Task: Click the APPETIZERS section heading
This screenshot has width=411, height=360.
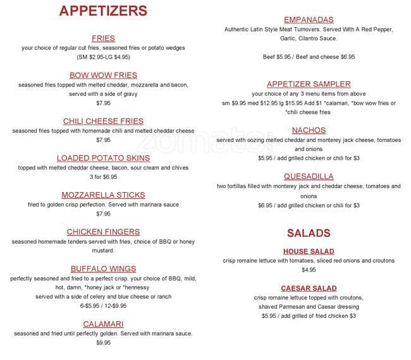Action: pos(103,11)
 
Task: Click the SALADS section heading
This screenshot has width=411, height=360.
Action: pos(309,232)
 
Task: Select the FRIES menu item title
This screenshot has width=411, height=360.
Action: pos(103,38)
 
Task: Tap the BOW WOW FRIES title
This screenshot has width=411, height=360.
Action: pos(103,75)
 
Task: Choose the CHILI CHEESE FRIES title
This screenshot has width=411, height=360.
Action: pos(103,121)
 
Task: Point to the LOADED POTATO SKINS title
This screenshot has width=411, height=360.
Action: pos(103,158)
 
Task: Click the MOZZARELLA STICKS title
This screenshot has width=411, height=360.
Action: pos(103,195)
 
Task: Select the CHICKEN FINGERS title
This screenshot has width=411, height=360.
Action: pos(103,232)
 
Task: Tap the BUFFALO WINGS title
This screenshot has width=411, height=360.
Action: pos(103,268)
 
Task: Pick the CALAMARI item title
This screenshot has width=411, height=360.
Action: pos(103,323)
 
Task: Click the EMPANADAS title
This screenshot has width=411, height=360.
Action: pos(309,20)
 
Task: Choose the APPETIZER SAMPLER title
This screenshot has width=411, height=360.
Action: pos(309,84)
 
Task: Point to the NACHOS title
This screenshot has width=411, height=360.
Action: pos(309,131)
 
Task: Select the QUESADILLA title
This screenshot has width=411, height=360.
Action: pos(309,176)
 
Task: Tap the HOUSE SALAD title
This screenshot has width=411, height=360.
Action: pos(309,251)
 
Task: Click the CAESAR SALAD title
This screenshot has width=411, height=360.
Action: pos(309,288)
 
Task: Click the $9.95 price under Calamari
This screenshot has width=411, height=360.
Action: pos(103,343)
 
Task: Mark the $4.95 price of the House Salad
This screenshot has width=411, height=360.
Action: pos(309,270)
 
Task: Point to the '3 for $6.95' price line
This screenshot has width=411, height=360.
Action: pos(103,177)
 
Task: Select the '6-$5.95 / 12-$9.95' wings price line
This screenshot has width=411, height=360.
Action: pos(103,306)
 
